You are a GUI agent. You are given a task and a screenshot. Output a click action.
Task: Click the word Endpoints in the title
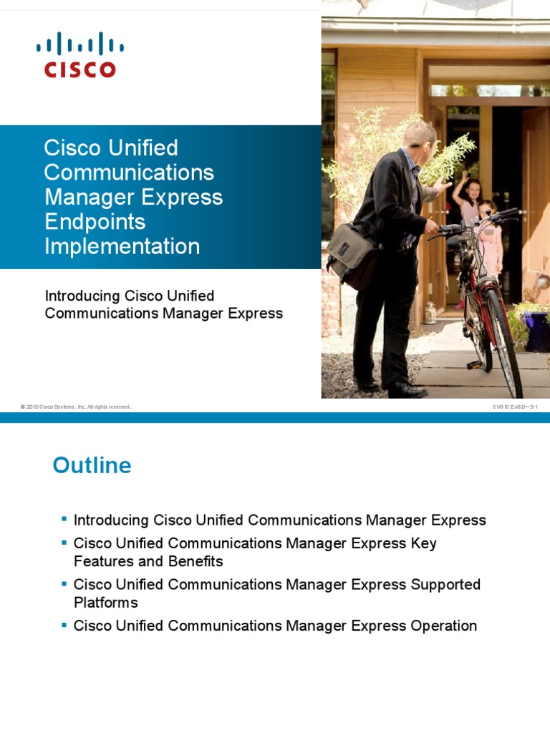(95, 222)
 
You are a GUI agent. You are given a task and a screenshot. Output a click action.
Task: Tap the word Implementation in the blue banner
(122, 246)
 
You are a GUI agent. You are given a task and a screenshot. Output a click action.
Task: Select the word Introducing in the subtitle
(82, 296)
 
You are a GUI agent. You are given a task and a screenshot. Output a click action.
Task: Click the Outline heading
(92, 466)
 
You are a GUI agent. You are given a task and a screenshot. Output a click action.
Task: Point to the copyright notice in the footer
(76, 407)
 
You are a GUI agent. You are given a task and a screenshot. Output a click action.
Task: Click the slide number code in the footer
(514, 407)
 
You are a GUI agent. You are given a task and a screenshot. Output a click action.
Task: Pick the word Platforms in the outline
(106, 603)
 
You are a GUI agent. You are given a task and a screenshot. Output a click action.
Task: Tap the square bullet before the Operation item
(64, 624)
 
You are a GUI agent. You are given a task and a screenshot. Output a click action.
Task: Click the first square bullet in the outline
(64, 518)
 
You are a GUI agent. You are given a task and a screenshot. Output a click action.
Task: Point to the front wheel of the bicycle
(504, 336)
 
